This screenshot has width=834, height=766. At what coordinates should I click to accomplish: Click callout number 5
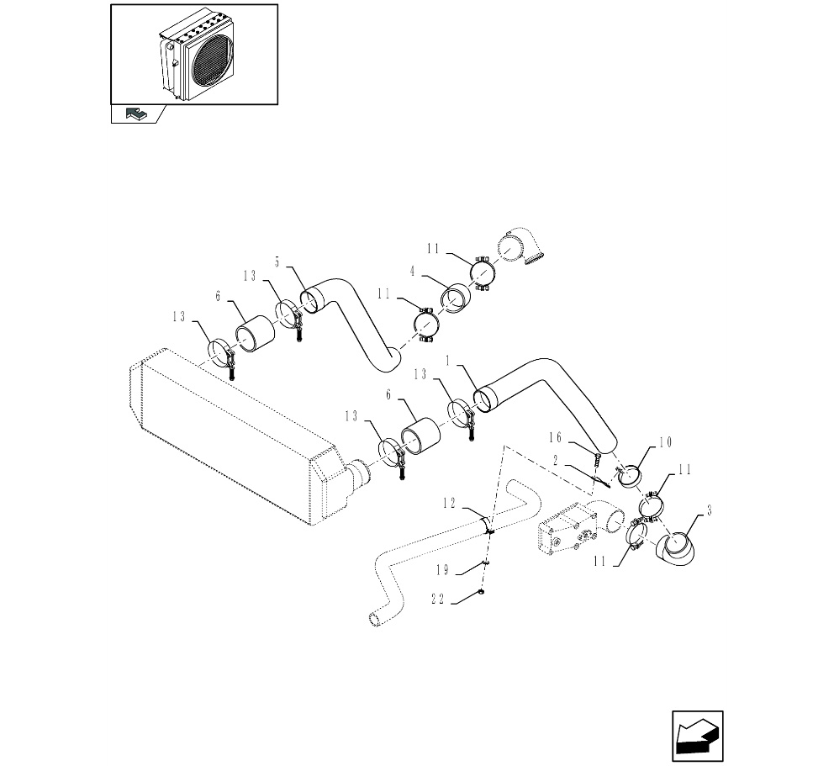click(x=277, y=261)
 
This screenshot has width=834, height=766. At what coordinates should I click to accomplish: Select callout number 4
click(x=412, y=272)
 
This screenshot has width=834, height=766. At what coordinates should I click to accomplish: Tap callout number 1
click(x=448, y=362)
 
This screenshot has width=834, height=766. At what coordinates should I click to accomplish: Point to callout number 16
click(x=555, y=437)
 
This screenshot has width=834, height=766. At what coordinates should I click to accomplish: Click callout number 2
click(x=555, y=461)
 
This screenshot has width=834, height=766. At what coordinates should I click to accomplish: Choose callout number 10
click(x=666, y=442)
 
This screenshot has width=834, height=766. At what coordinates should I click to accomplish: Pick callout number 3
click(x=709, y=511)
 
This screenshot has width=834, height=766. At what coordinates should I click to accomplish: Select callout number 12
click(x=450, y=503)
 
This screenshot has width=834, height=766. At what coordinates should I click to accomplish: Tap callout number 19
click(x=442, y=571)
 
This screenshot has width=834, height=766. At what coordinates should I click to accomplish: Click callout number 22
click(x=438, y=600)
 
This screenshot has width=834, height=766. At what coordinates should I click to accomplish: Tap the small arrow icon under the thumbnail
click(x=135, y=114)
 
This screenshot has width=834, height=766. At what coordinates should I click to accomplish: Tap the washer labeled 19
click(x=485, y=562)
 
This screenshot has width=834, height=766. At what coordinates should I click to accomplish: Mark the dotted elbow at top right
click(x=521, y=248)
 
